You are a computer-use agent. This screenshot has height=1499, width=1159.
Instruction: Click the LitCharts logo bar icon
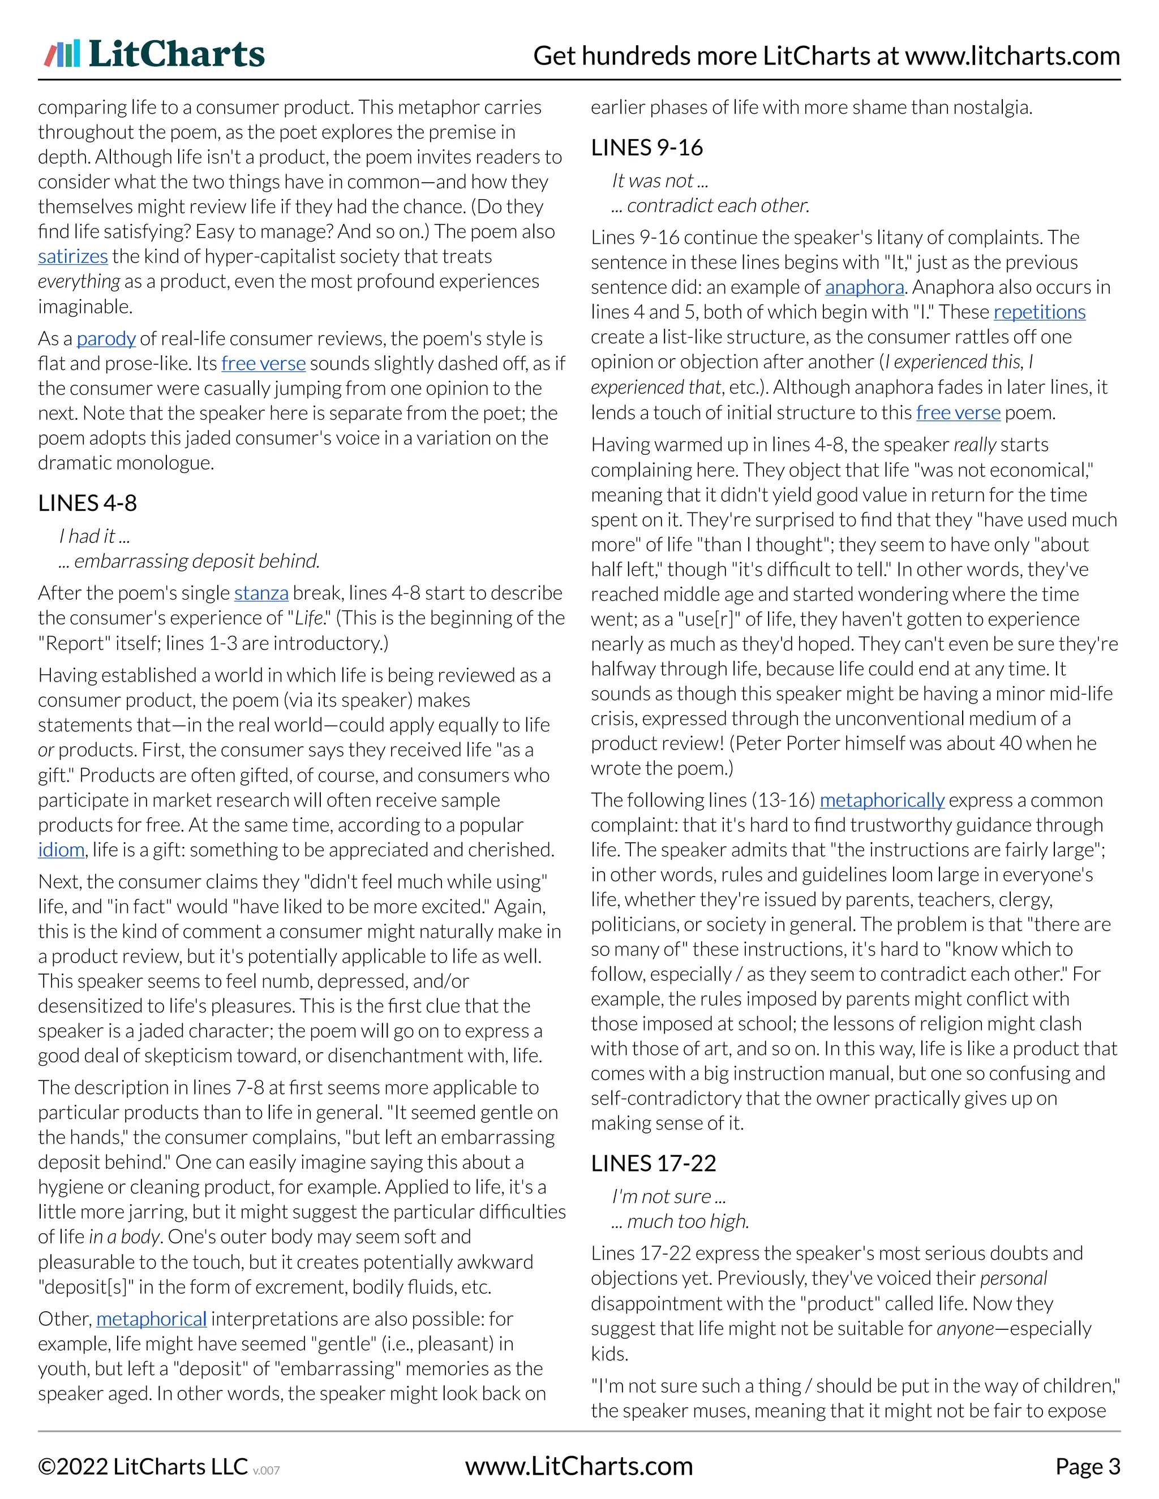[62, 54]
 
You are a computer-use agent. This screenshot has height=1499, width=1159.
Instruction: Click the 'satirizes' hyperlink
[73, 256]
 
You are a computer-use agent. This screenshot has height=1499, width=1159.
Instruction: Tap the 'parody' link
[106, 338]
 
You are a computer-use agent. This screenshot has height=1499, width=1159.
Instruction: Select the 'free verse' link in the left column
[263, 363]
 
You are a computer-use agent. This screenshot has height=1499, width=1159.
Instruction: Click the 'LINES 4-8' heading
[87, 502]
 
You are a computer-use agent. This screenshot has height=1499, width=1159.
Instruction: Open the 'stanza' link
[261, 592]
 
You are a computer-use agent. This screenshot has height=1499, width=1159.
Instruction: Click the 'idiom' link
[61, 850]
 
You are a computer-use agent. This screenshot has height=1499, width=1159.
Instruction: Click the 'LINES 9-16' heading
[647, 147]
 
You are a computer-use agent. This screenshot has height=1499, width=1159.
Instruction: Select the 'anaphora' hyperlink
[865, 287]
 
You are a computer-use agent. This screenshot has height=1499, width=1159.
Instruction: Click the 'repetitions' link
[1039, 312]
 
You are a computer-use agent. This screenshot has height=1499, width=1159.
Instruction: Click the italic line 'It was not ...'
[659, 180]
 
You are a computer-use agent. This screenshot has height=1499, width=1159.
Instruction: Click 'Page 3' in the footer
[1087, 1466]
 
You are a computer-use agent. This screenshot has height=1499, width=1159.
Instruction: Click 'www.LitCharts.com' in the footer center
[579, 1466]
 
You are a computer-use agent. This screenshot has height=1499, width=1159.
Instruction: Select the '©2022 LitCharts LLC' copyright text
[142, 1466]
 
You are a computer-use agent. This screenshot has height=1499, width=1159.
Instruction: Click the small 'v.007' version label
[267, 1470]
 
